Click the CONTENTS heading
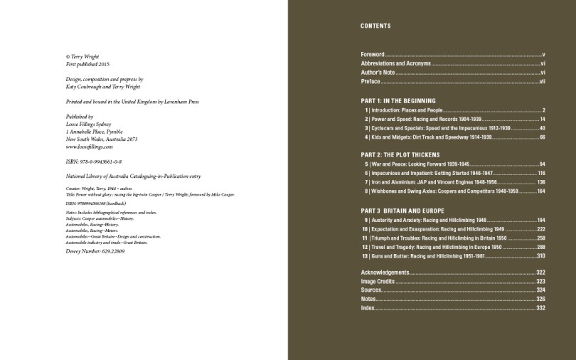pos(375,26)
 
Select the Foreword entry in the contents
pos(373,54)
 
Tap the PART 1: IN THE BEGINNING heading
pos(398,100)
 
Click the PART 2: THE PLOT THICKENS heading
pos(400,154)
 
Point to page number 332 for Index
pos(540,308)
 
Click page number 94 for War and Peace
pos(542,164)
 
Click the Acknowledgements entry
pos(385,272)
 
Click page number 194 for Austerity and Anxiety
pos(540,221)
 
